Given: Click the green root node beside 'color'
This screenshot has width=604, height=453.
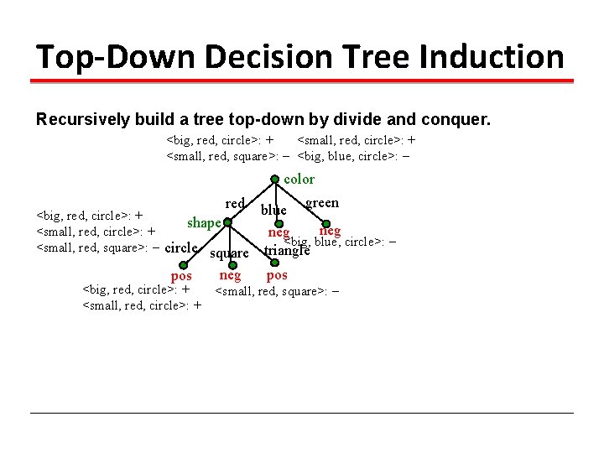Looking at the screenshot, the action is pos(273,179).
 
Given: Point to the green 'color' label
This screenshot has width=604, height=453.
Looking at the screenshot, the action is pos(299,179).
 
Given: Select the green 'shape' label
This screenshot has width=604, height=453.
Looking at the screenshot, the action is pos(204,222).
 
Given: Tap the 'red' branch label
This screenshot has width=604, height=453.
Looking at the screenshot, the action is pos(235,203).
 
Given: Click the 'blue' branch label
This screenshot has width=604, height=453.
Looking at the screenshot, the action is pos(273,209).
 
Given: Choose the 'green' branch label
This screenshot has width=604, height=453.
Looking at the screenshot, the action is pos(322,202).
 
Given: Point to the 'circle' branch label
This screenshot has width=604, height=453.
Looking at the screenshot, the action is pos(181,247).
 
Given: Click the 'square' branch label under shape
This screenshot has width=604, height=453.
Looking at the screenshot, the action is pos(229,253).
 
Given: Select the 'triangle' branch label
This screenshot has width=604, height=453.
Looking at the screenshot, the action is pos(287,250).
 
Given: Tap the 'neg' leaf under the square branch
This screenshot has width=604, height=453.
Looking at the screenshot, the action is pos(230,274).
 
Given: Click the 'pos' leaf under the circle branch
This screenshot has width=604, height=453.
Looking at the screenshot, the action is pos(181,276).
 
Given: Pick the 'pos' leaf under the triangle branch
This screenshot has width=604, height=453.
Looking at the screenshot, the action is pos(277,274).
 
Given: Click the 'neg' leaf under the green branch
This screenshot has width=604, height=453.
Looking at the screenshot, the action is pos(330,230).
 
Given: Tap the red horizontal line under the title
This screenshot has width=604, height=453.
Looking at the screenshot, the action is pos(302,81).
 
